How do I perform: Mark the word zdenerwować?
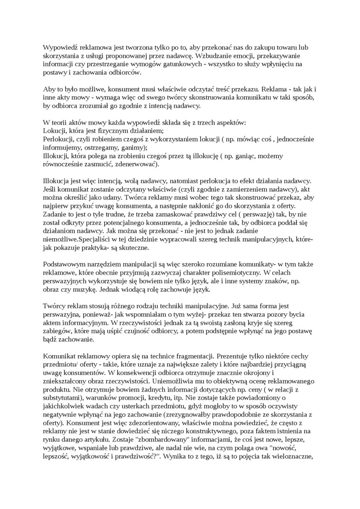(x=135, y=165)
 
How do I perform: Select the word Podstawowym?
(x=63, y=264)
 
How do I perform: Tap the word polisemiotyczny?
(x=232, y=273)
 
